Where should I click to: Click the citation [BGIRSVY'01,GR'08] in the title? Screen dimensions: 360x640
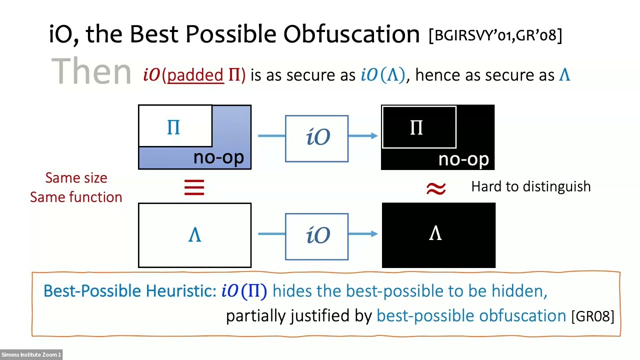(495, 35)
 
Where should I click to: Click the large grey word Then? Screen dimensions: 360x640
(91, 71)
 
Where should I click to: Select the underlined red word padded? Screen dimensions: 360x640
(195, 75)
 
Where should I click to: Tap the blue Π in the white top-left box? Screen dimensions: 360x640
(173, 128)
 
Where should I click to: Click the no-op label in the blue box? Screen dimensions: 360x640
(218, 157)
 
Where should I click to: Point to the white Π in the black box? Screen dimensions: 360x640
(416, 128)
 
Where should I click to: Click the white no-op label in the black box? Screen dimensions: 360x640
(463, 159)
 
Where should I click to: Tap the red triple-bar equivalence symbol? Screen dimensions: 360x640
(194, 188)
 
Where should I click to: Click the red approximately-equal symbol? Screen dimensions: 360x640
(435, 188)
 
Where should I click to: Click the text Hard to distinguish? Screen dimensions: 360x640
(530, 186)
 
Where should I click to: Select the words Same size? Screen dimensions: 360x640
(76, 178)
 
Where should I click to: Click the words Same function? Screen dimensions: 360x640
(76, 197)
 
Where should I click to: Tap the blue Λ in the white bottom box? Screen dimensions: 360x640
(194, 235)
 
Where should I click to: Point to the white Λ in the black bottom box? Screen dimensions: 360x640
(435, 233)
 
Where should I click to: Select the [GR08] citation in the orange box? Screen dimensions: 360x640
(592, 316)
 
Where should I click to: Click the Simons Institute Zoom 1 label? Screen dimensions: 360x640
(31, 355)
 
